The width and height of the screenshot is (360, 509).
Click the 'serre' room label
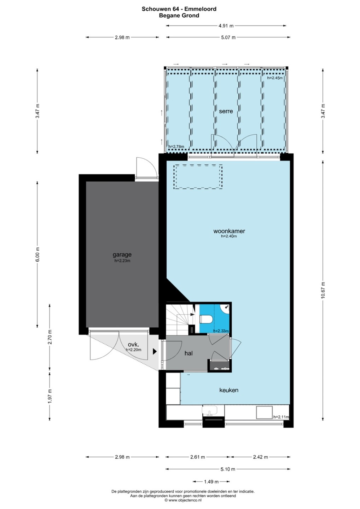point(226,111)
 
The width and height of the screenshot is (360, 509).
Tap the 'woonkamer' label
point(229,231)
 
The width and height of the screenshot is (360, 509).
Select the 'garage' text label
point(122,255)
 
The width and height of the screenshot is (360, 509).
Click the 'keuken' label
point(229,390)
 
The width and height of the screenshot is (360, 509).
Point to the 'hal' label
point(188,353)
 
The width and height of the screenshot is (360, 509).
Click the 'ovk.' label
point(133,344)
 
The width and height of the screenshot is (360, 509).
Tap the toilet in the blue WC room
point(206,319)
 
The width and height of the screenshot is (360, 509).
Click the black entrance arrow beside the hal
point(155,351)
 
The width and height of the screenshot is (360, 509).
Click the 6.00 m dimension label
point(37,254)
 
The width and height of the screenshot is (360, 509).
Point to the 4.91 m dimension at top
point(226,26)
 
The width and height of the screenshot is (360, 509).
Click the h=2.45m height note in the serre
point(275,78)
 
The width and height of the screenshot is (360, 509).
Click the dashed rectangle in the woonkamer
point(198,177)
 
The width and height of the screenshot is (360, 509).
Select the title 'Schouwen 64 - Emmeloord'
point(179,9)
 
